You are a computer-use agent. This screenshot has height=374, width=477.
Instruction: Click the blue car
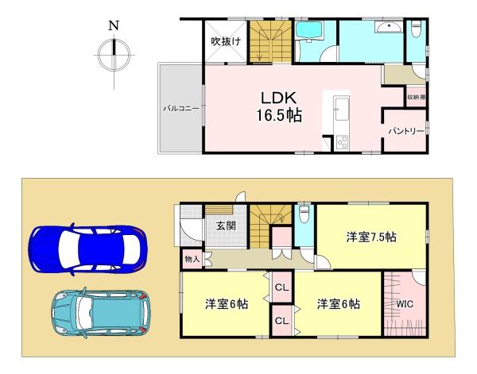click(87, 249)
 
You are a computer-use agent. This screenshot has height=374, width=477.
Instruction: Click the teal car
click(101, 313)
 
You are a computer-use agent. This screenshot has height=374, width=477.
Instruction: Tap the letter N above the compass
click(114, 25)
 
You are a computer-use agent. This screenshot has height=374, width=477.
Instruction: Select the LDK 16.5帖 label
click(279, 106)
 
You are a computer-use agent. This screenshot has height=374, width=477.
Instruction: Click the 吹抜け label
click(226, 41)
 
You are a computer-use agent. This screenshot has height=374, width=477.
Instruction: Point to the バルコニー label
click(181, 109)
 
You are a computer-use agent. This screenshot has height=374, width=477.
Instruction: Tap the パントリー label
click(405, 131)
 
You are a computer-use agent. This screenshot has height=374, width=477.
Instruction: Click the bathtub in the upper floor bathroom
click(308, 31)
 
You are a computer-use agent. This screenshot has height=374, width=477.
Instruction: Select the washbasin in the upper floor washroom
click(389, 27)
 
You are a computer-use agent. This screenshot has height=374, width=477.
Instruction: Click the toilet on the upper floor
click(416, 29)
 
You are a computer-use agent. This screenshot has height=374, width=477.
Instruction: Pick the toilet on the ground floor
click(304, 214)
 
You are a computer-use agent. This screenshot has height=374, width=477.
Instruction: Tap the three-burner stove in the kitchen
click(342, 141)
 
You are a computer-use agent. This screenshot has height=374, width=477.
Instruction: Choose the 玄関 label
click(226, 226)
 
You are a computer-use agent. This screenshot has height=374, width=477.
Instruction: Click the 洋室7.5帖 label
click(371, 237)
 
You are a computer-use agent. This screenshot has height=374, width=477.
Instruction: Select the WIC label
click(405, 304)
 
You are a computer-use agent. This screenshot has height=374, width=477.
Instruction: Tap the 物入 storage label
click(192, 260)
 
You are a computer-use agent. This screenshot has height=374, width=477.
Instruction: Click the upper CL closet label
click(281, 287)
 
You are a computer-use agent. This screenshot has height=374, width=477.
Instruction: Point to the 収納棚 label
click(417, 97)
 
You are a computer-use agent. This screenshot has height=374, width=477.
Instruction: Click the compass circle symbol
click(114, 56)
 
